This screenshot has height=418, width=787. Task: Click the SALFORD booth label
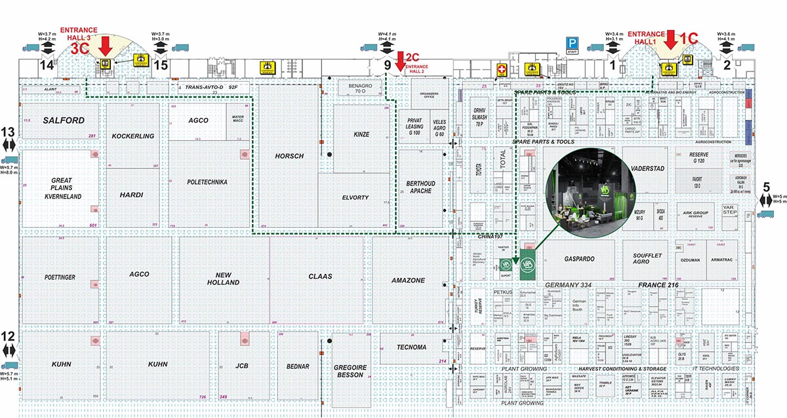pos(64,121)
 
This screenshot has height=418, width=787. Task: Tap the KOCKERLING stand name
pos(132,136)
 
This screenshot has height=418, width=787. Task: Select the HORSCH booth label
pos(291,156)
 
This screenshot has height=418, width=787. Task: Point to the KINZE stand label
pos(361,134)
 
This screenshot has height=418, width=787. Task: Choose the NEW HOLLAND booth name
pos(224,278)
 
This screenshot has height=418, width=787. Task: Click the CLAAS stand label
pos(321,276)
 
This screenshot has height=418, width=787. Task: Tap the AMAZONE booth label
pos(408,280)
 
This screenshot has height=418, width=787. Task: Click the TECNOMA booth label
pos(413,346)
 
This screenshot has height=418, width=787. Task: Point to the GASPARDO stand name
pos(579,259)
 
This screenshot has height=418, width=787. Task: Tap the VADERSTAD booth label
pos(647,168)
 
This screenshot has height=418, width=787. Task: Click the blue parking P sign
pos(572,43)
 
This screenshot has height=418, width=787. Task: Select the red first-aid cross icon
pos(502,69)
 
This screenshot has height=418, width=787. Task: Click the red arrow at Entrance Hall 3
pos(105,46)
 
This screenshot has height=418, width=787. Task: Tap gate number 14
pos(46,65)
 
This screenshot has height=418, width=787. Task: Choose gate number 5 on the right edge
pos(766,186)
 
